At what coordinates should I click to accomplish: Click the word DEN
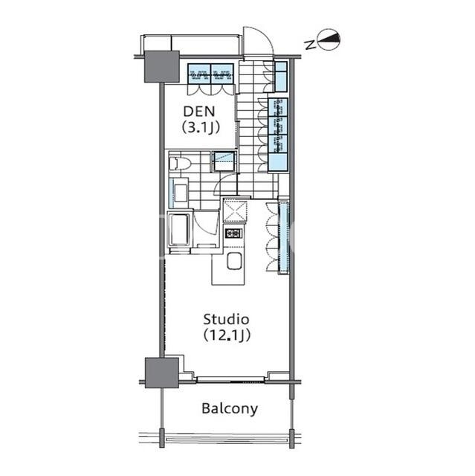(199, 112)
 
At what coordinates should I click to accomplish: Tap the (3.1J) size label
(201, 127)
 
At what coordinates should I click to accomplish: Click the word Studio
(226, 319)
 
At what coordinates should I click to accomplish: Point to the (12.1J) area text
(227, 335)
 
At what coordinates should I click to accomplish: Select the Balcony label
(230, 409)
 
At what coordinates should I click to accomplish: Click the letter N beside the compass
(310, 45)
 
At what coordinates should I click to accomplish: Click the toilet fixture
(180, 164)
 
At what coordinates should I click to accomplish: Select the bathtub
(180, 230)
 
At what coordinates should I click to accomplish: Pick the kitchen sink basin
(234, 261)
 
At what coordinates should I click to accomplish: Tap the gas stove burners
(233, 234)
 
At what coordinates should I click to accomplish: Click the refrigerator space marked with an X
(236, 210)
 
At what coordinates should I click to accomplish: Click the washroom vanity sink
(180, 193)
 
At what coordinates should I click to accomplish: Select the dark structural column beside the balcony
(162, 373)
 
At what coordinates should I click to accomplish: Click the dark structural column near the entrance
(162, 66)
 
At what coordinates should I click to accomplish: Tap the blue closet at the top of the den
(210, 73)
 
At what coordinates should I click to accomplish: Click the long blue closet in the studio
(284, 236)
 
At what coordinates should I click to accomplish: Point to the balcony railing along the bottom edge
(226, 440)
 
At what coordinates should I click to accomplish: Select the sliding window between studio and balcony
(230, 379)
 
